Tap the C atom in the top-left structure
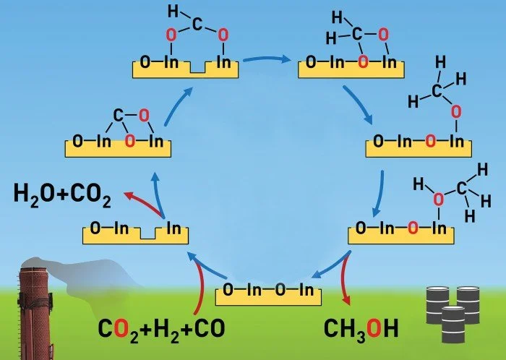tap(197, 25)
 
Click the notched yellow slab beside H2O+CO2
tap(137, 232)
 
